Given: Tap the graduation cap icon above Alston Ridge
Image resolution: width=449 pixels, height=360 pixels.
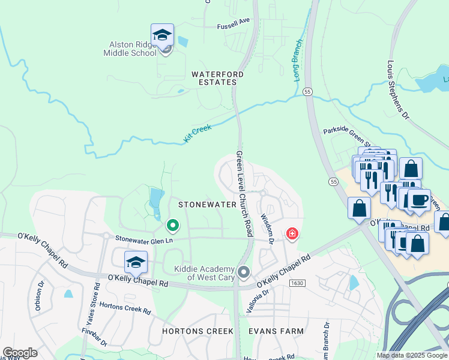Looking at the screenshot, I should click(x=162, y=35).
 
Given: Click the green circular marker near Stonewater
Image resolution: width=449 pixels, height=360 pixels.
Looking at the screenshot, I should click(x=173, y=226).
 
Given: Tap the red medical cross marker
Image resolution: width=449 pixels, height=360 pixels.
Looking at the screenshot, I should click(x=292, y=233).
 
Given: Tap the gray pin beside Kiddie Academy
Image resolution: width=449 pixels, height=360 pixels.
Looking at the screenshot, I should click(x=244, y=273).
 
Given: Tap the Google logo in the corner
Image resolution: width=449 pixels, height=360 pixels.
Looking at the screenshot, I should click(x=20, y=353).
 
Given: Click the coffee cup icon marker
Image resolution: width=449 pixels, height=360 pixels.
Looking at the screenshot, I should click(x=418, y=200).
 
